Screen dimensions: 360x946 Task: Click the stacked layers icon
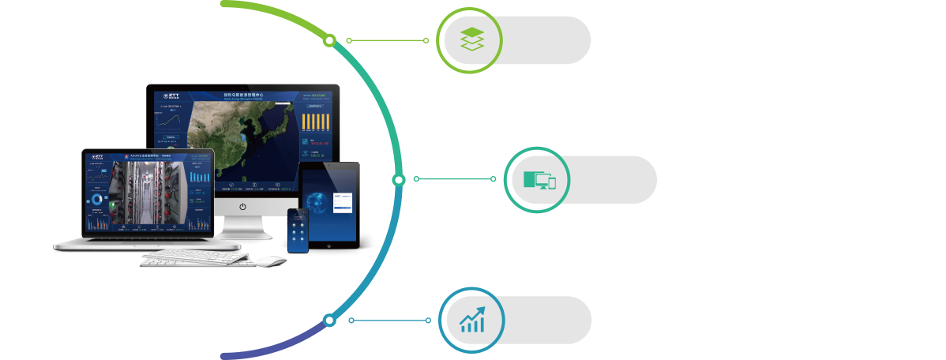pyautogui.click(x=471, y=39)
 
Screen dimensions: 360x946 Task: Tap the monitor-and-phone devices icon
pyautogui.click(x=539, y=180)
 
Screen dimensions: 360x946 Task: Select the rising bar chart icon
pyautogui.click(x=472, y=320)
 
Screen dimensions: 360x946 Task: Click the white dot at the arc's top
pyautogui.click(x=330, y=39)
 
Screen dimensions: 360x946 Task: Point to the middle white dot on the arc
pyautogui.click(x=399, y=180)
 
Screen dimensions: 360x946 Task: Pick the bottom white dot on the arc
pyautogui.click(x=329, y=320)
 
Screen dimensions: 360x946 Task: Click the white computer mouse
pyautogui.click(x=270, y=261)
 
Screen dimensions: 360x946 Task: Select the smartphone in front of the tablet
pyautogui.click(x=298, y=231)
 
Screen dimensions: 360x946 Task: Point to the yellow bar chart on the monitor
pyautogui.click(x=317, y=122)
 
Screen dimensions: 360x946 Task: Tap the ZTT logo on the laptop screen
pyautogui.click(x=98, y=156)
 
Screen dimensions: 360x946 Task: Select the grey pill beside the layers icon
pyautogui.click(x=545, y=39)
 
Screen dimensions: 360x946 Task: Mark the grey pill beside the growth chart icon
pyautogui.click(x=546, y=320)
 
